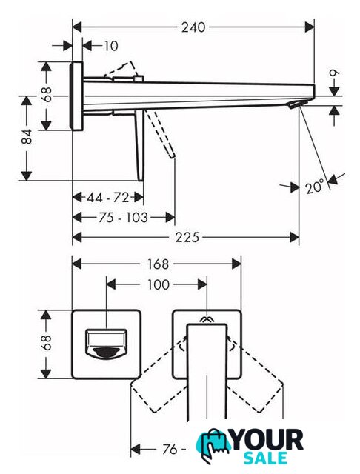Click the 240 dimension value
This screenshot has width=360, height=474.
(193, 27)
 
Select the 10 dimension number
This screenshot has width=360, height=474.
(111, 46)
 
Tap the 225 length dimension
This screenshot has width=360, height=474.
(187, 237)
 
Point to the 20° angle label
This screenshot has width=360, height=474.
(314, 187)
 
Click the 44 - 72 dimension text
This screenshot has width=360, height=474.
(108, 198)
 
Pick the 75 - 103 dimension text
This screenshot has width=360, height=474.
(123, 217)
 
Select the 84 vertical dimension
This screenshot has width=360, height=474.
(27, 136)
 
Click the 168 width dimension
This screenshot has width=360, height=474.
(158, 264)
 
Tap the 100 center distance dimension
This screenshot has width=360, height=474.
(158, 284)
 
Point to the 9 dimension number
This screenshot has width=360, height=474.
(334, 73)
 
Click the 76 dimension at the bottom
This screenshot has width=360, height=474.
(170, 450)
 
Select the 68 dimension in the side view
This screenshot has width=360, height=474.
(46, 94)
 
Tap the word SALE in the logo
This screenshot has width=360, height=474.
(265, 458)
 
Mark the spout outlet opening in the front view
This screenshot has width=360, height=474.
(107, 344)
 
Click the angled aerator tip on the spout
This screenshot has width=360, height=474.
(295, 105)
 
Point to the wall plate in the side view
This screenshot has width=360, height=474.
(76, 96)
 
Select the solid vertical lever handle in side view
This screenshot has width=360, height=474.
(140, 146)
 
